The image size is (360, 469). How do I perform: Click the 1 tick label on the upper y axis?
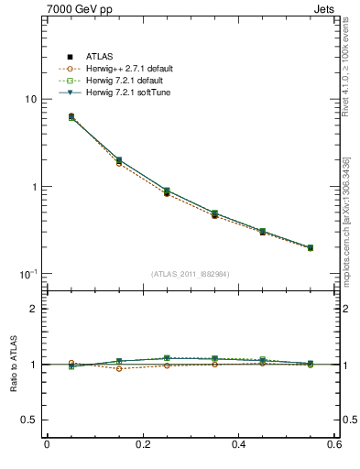33,187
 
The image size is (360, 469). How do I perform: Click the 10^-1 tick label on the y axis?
27,274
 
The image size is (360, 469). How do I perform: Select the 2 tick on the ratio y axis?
33,310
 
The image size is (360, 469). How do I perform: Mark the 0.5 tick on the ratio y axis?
28,420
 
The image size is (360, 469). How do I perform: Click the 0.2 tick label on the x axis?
142,445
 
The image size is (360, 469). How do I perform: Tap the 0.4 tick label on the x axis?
238,445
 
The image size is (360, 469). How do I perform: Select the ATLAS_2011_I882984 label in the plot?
190,274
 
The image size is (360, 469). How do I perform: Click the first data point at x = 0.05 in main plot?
71,117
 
